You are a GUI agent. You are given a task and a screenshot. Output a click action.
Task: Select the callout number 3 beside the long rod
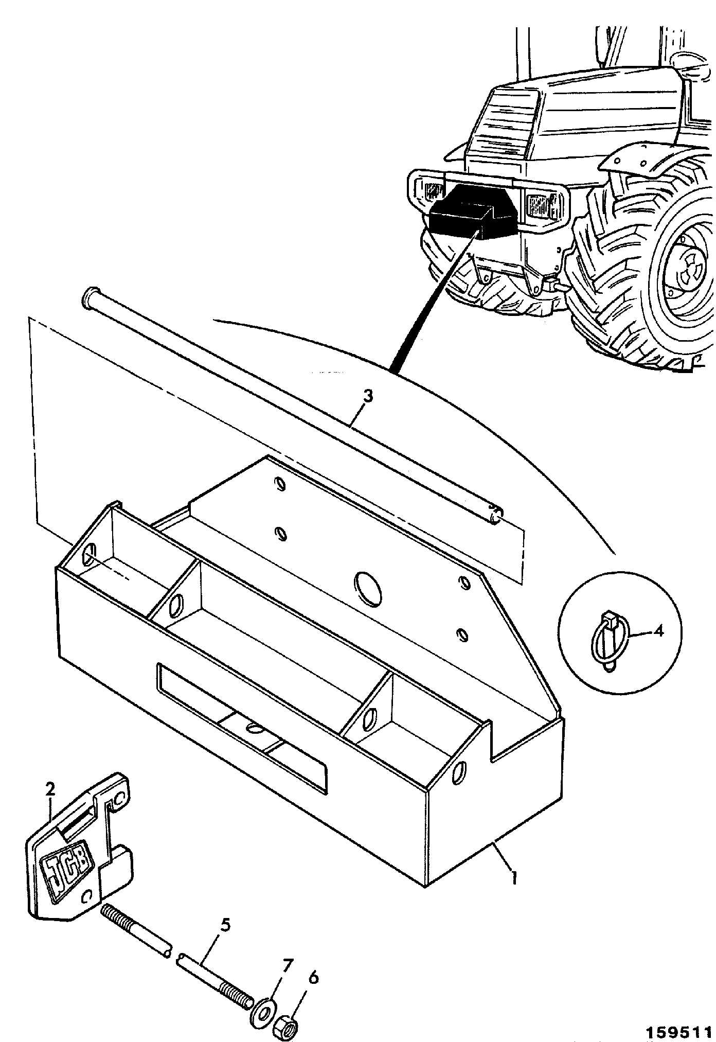click(x=368, y=397)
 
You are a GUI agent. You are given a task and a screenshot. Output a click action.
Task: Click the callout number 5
click(x=225, y=926)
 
